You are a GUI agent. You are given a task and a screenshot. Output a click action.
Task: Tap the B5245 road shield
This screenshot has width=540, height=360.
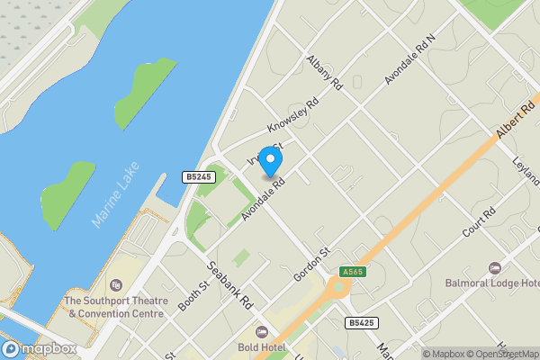pyautogui.click(x=198, y=177)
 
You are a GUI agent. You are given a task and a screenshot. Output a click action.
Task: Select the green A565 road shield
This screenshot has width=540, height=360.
pyautogui.click(x=352, y=272)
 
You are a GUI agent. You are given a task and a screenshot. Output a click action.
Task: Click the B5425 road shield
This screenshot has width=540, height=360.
pyautogui.click(x=361, y=322)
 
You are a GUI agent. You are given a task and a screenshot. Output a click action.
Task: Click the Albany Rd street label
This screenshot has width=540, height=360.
pyautogui.click(x=324, y=73)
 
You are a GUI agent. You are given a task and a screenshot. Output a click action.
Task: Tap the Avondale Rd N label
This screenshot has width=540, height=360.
pyautogui.click(x=409, y=60)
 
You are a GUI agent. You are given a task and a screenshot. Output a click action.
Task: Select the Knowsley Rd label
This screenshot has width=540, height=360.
pyautogui.click(x=293, y=120)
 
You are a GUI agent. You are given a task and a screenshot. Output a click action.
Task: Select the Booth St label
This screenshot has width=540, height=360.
pyautogui.click(x=193, y=295)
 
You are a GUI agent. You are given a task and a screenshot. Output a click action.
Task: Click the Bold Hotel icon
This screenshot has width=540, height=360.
pyautogui.click(x=261, y=332)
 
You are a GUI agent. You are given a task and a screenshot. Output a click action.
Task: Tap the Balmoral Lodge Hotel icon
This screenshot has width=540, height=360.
pyautogui.click(x=494, y=268)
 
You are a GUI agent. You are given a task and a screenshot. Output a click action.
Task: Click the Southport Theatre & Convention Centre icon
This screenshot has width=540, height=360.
pyautogui.click(x=113, y=285)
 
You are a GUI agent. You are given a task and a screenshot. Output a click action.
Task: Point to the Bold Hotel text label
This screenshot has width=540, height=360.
pyautogui.click(x=261, y=347)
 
